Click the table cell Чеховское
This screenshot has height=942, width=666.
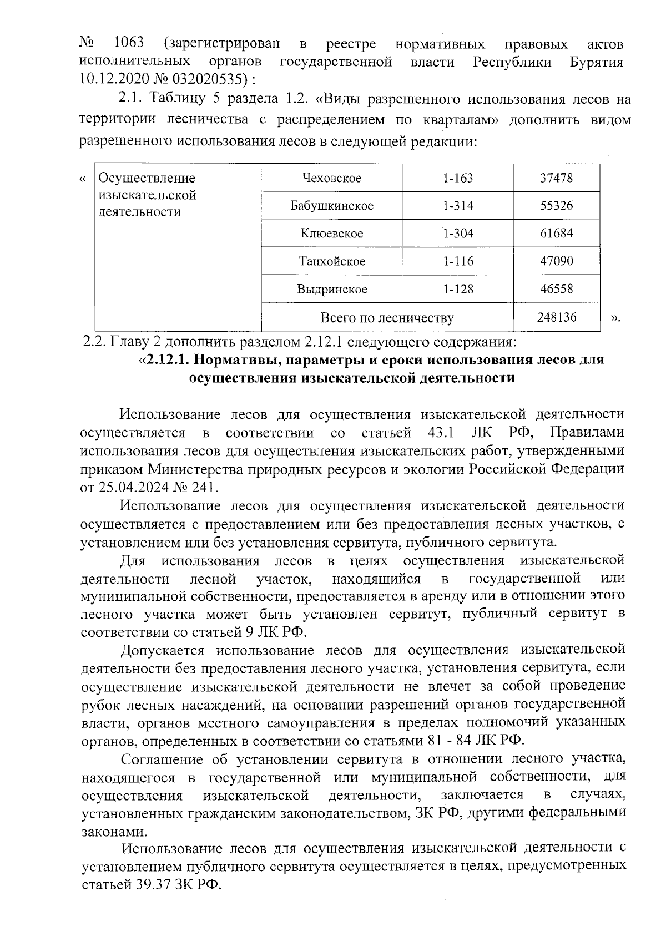[331, 178]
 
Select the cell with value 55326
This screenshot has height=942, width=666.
[556, 206]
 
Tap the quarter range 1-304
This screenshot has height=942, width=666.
[458, 234]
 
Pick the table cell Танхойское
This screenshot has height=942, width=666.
[331, 261]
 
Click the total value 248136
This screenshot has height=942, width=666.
[556, 317]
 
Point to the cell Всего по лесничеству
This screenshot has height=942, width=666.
[387, 318]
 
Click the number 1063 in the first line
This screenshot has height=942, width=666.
[128, 43]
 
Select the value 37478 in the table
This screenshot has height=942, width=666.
[556, 178]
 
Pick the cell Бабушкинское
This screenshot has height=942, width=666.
[331, 206]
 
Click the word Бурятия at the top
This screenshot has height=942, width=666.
[596, 62]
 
